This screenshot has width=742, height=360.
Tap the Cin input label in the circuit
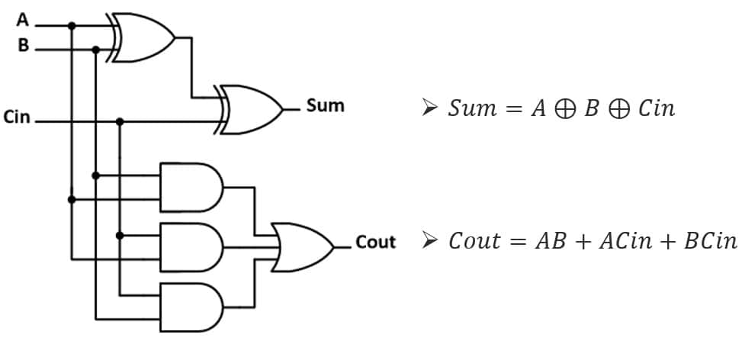point(17,117)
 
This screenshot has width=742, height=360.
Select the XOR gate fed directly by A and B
point(143,37)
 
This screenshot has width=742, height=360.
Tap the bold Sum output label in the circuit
point(325,106)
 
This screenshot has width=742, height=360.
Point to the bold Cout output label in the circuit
point(376,243)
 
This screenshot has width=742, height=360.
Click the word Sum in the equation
point(472,108)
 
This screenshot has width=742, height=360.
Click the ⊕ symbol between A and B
point(566,109)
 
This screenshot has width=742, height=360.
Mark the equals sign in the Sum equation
point(515,109)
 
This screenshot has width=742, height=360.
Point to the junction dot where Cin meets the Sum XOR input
point(120,121)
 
